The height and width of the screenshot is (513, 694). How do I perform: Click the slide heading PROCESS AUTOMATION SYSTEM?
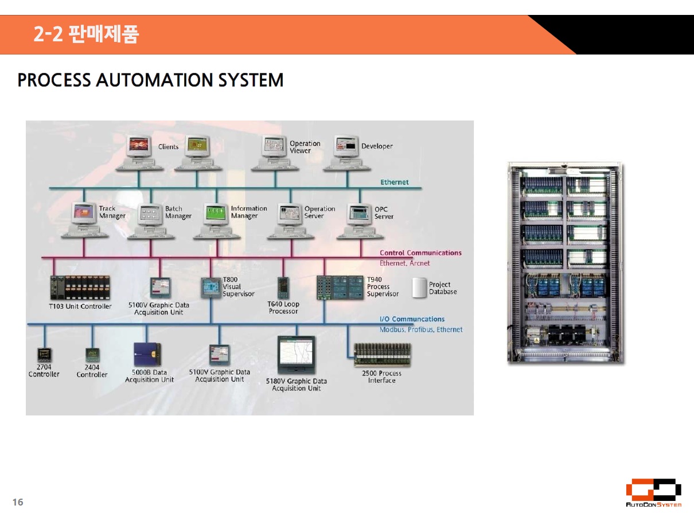(150, 80)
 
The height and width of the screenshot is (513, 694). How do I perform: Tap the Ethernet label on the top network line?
(395, 182)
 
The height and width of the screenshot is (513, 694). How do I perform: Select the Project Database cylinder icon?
(420, 288)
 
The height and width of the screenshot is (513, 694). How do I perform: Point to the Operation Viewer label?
(305, 147)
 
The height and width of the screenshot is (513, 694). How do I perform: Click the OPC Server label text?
(384, 213)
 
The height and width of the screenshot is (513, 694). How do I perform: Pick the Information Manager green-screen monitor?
(217, 213)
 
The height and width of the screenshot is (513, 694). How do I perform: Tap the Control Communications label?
(420, 252)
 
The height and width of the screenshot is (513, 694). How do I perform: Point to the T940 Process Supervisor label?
(383, 287)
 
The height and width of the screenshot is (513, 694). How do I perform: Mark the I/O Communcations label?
(412, 319)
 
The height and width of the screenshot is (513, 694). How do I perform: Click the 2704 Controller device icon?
(44, 354)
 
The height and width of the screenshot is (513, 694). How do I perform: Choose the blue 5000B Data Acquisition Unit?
(147, 355)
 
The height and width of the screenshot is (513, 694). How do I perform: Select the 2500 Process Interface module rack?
(382, 355)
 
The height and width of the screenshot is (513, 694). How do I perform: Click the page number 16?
(18, 502)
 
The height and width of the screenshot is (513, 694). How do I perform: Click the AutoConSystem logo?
(653, 493)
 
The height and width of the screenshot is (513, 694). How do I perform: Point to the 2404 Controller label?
(92, 371)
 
